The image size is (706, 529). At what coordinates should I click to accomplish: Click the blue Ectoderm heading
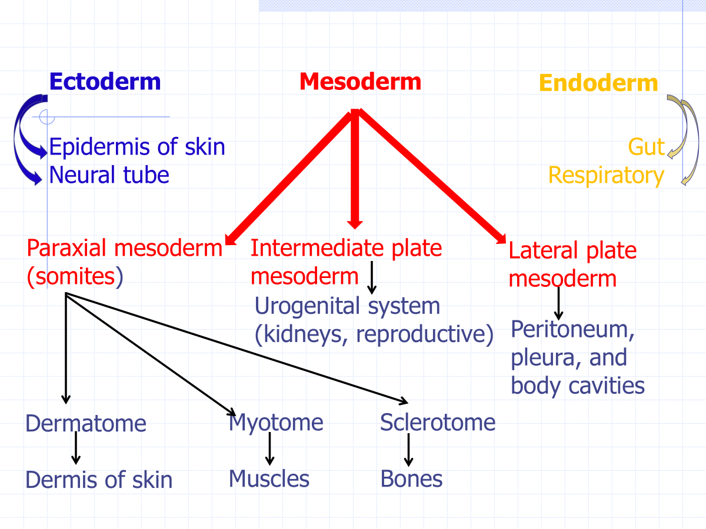105,82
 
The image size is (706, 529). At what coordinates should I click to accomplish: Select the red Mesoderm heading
360,82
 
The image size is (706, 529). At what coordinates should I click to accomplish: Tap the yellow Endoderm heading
598,83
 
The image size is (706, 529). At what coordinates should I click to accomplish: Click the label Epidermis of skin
137,147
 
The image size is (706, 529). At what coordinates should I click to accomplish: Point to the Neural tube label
109,175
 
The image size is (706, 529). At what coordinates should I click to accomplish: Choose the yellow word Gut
647,147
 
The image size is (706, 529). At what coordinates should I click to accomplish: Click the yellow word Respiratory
607,176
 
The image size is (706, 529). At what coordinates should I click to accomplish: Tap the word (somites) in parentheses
75,276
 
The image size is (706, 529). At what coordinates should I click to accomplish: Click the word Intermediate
316,248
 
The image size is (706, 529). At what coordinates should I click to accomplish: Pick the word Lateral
544,250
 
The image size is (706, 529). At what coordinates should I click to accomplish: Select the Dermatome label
86,423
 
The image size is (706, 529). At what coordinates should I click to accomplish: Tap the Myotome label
276,423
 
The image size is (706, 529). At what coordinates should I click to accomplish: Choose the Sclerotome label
438,422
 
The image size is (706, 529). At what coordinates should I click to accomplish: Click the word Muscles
269,478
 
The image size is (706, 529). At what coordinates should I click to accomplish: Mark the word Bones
411,478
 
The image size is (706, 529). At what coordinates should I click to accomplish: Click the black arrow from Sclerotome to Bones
408,450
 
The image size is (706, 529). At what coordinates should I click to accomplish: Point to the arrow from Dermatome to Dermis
76,448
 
